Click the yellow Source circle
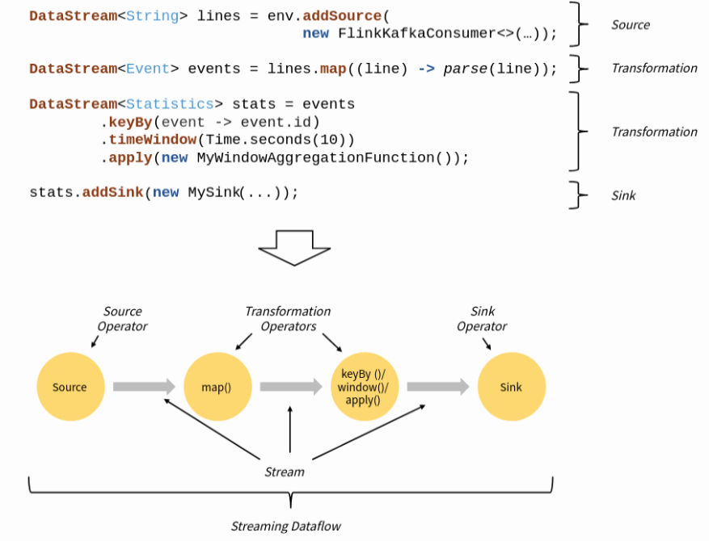point(70,387)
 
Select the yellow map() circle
point(217,387)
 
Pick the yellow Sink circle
point(511,387)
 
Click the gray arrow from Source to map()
point(143,387)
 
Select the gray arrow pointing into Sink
point(437,387)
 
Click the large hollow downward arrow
point(293,247)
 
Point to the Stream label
point(285,472)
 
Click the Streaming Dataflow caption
point(286,526)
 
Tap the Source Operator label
point(122,319)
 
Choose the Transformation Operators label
point(288,319)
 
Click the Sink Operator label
point(482,319)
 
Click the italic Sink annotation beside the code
point(623,195)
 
